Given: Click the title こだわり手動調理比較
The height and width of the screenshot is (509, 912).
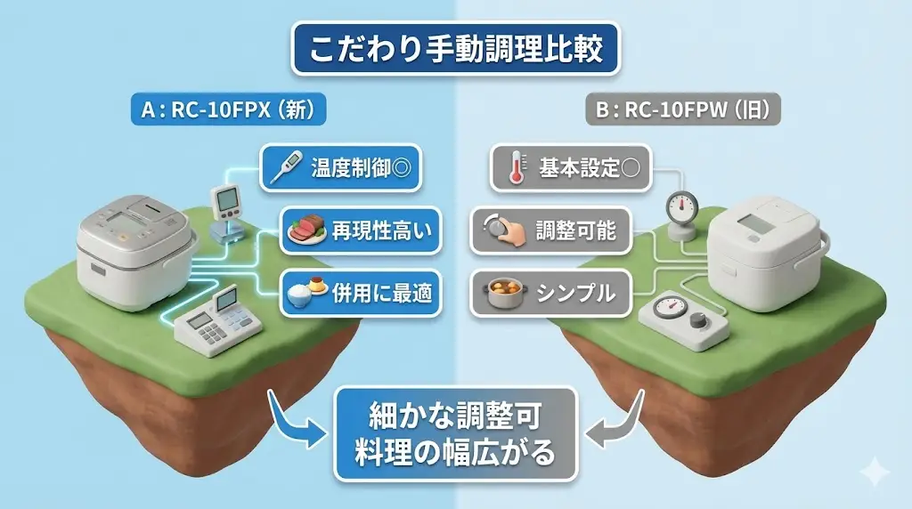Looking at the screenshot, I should tap(455, 49).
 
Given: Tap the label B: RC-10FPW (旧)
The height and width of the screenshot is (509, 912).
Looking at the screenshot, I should tap(683, 111).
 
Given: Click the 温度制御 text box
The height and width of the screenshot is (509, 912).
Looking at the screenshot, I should tap(340, 167).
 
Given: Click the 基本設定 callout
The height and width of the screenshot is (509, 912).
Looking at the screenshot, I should tap(571, 169).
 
